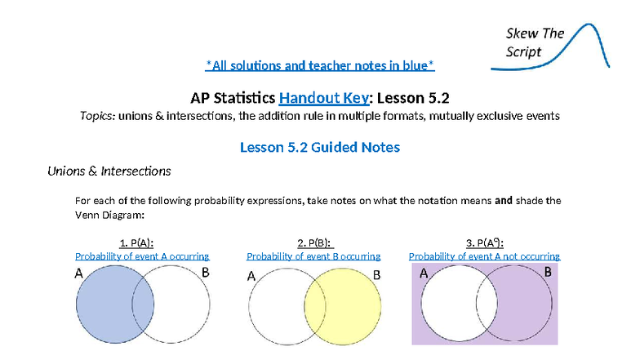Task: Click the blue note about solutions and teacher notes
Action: (319, 64)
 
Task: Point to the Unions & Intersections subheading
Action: (109, 171)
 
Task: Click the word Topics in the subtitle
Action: (96, 116)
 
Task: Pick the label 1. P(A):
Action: (136, 242)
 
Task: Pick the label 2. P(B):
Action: (313, 242)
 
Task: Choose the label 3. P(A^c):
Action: (484, 242)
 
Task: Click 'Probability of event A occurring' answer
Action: (142, 256)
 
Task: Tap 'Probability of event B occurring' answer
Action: (313, 256)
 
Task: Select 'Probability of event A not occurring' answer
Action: (484, 256)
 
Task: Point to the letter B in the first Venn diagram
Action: (206, 273)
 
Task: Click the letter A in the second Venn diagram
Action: (251, 276)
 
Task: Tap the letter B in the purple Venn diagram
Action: (548, 272)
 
